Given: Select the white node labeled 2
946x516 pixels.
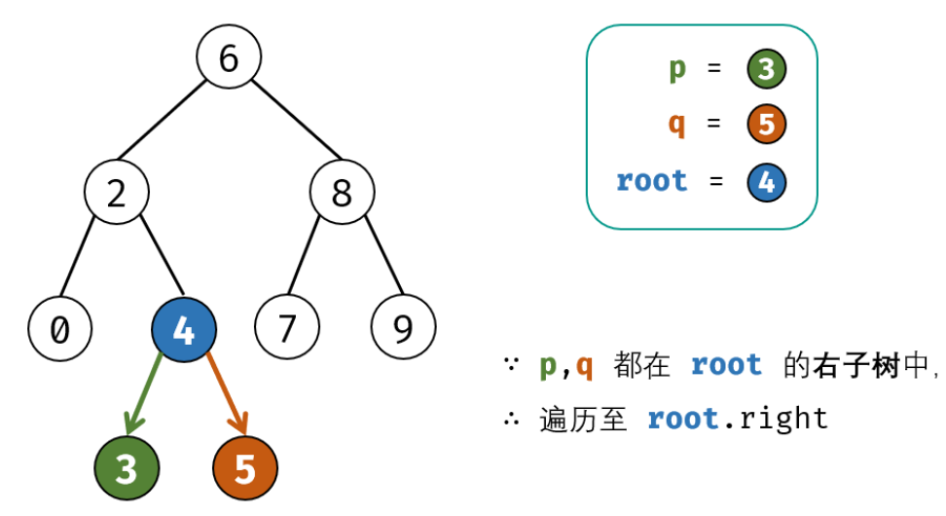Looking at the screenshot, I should point(117,194).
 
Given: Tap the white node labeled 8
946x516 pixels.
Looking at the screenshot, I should point(342,194).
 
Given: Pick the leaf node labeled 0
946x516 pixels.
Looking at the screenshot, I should point(60,330).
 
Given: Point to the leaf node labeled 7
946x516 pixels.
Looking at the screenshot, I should point(286,330).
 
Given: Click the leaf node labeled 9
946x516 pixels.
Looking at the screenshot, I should point(403,330).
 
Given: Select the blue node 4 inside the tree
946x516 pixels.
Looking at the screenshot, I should point(183,330).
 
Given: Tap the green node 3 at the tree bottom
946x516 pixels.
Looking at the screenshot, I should point(127,469).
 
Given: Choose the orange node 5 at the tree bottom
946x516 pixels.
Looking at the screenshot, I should point(245,469).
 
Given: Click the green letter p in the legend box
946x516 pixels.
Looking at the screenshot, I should point(677,69).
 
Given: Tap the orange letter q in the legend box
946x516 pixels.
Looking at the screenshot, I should point(677,125).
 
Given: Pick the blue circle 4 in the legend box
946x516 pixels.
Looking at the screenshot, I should point(767,182).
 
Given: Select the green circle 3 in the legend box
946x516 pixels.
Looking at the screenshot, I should point(767,69).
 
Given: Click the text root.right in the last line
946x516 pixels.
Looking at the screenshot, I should point(738,419).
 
